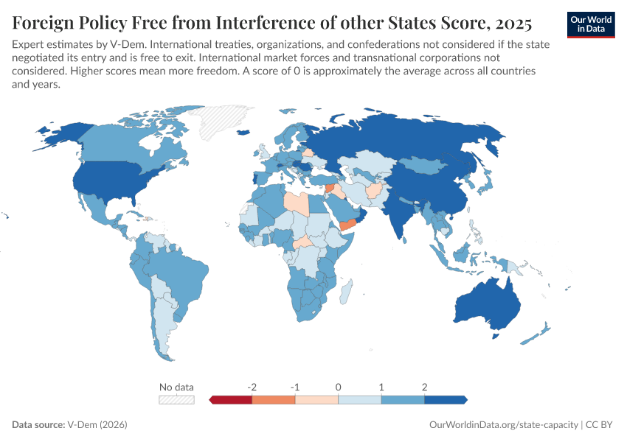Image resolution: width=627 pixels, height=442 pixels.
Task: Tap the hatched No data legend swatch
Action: click(x=177, y=400)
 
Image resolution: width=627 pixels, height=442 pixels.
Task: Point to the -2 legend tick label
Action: click(x=252, y=387)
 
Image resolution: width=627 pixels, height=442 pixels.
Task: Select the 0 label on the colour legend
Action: click(x=338, y=387)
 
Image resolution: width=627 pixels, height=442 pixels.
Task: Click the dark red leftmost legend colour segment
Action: click(x=232, y=400)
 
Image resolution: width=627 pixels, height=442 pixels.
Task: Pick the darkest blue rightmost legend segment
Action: click(x=446, y=400)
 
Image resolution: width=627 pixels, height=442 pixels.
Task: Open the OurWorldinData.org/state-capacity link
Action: click(x=503, y=425)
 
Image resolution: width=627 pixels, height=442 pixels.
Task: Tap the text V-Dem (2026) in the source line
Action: click(x=97, y=425)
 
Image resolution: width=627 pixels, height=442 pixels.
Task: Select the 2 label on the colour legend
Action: click(x=424, y=387)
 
